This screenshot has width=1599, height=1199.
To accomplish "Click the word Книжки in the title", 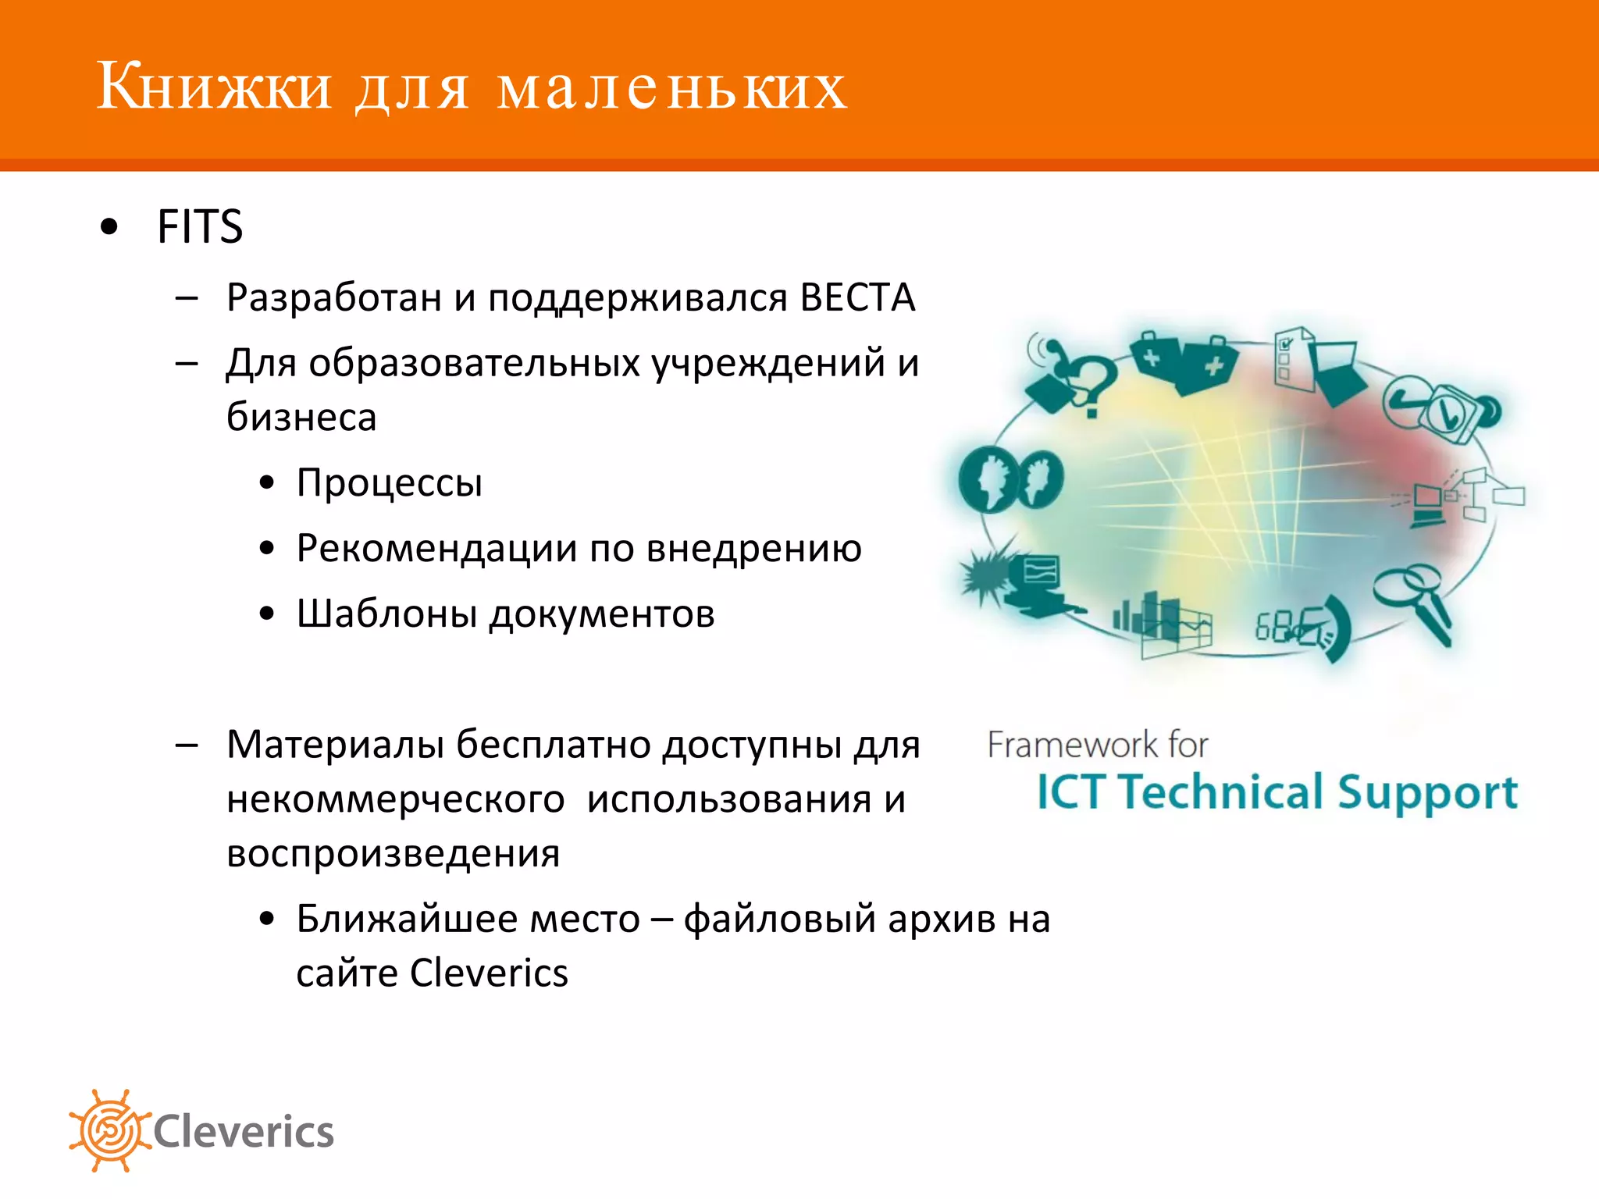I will [x=214, y=86].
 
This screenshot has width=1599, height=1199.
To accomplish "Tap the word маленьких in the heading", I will [x=671, y=87].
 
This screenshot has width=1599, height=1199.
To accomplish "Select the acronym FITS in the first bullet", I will [x=200, y=227].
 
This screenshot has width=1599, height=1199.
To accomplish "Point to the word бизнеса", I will [x=301, y=418].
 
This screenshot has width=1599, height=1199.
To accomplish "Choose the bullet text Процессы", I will [x=390, y=482].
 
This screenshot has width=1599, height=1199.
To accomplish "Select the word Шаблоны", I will [x=386, y=614].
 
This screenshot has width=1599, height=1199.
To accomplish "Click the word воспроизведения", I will [x=393, y=853].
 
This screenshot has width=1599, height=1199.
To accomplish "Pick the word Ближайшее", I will [x=406, y=919].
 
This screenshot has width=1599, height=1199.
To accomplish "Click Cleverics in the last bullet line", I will [x=489, y=973].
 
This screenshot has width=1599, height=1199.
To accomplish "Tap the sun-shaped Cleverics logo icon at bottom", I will [x=109, y=1130].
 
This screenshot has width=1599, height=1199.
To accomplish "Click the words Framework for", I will [x=1097, y=745].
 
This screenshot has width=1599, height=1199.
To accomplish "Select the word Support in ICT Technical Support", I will [x=1427, y=793].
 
